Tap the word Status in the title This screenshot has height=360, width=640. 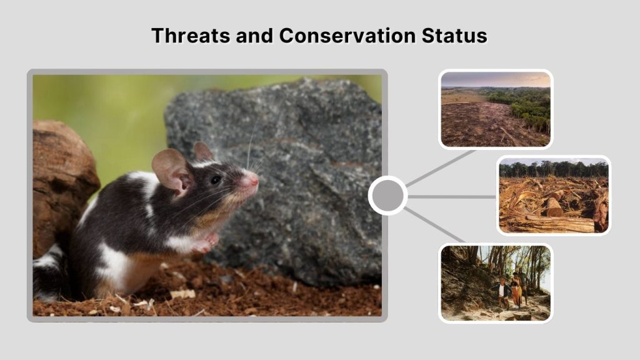456,35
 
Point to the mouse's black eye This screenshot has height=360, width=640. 216,179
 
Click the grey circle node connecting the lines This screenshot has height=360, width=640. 387,196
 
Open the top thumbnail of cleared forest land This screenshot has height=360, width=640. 495,109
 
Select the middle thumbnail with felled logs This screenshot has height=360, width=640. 553,195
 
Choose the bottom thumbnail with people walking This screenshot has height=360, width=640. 495,282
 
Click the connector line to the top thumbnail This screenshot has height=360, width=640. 441,167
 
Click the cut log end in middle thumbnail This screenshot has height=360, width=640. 554,207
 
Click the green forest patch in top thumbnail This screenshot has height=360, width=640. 522,103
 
